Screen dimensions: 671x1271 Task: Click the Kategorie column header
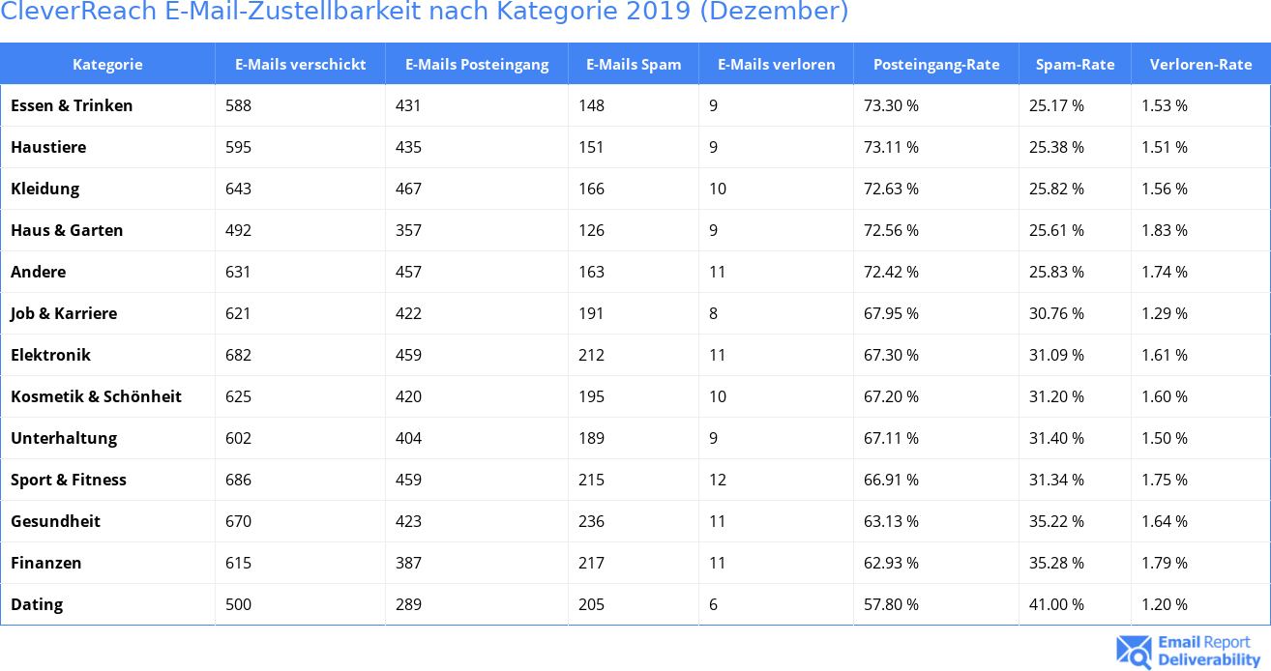[107, 65]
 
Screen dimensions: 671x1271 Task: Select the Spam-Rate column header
[1075, 65]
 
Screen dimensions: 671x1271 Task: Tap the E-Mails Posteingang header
[477, 65]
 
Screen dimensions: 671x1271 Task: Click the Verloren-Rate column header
[1200, 65]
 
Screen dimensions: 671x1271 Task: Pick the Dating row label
[37, 605]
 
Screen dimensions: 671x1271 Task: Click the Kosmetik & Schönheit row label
[96, 397]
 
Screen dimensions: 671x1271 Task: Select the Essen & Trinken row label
[72, 106]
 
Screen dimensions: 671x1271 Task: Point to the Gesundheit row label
[55, 522]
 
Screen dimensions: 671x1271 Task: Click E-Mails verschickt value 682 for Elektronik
[238, 356]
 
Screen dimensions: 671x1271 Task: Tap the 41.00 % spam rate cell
[1056, 605]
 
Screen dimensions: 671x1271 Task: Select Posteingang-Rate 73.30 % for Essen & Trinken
[891, 106]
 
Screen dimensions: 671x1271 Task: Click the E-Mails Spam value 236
[591, 522]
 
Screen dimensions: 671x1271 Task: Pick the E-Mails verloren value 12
[717, 481]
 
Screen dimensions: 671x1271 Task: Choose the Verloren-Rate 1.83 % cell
[1165, 231]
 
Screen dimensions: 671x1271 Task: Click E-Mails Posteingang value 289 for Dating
[408, 605]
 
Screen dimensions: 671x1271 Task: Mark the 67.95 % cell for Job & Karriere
[891, 314]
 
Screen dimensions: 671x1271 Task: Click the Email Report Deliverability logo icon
[1134, 652]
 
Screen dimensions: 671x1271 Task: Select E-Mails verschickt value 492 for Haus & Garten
[238, 231]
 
